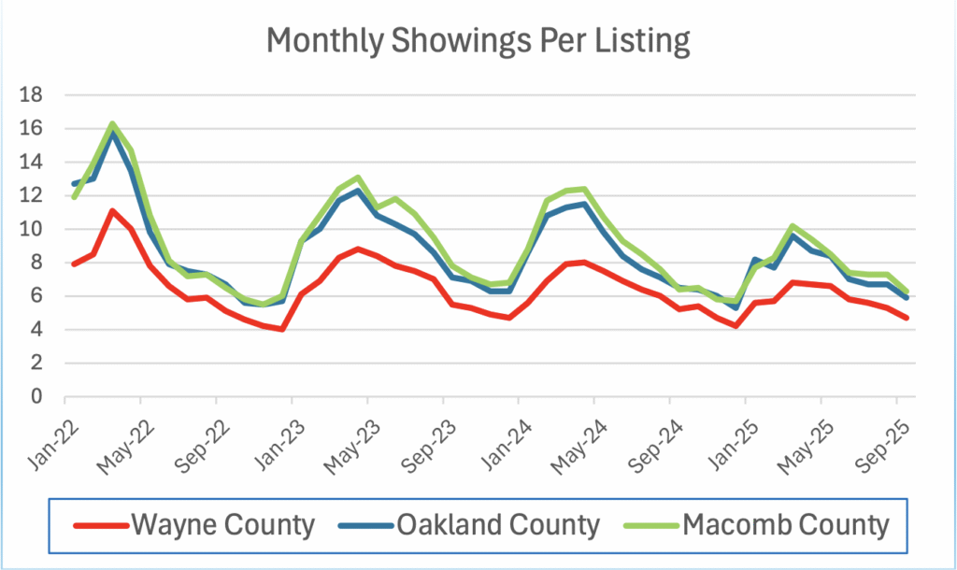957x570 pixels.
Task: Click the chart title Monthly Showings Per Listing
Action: point(478,42)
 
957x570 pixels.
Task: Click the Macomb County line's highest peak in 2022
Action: point(112,124)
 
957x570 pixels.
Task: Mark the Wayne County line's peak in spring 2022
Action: point(112,211)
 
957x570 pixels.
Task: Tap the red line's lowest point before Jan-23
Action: point(281,329)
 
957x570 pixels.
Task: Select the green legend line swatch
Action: point(654,525)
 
